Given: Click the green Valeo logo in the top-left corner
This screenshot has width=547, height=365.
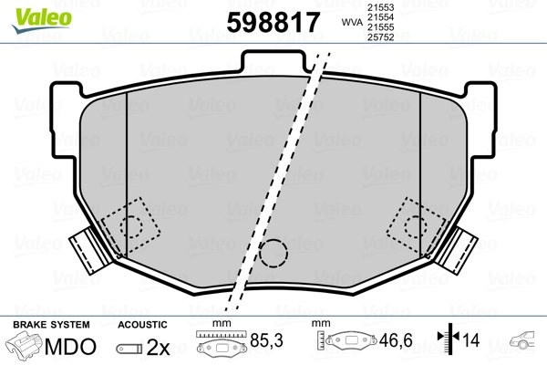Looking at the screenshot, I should (x=29, y=12).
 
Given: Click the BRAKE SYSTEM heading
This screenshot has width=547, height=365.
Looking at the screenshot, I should (x=51, y=325).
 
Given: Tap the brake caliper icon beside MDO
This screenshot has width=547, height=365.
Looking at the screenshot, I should (x=27, y=347).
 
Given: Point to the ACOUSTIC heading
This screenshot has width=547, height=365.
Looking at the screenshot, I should (x=142, y=325).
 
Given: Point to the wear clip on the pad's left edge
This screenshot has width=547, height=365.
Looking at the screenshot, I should (x=85, y=247).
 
